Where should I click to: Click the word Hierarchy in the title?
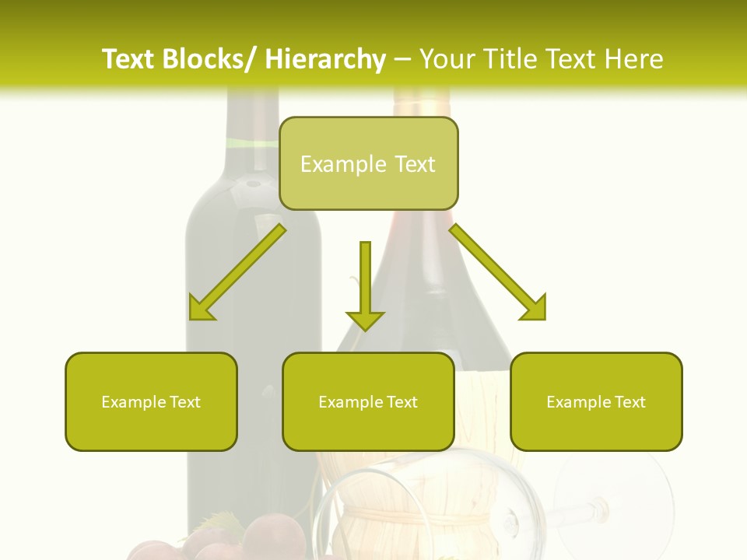pyautogui.click(x=325, y=59)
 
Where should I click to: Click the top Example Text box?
pyautogui.click(x=368, y=164)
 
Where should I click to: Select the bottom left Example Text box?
pyautogui.click(x=151, y=402)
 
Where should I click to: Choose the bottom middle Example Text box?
pyautogui.click(x=368, y=402)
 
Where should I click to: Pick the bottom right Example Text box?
pyautogui.click(x=596, y=402)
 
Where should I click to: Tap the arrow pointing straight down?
pyautogui.click(x=365, y=288)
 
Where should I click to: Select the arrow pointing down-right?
pyautogui.click(x=500, y=274)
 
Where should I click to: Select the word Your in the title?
pyautogui.click(x=447, y=59)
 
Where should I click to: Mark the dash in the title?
pyautogui.click(x=402, y=59)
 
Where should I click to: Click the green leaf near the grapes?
pyautogui.click(x=218, y=523)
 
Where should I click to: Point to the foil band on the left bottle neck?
pyautogui.click(x=252, y=143)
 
